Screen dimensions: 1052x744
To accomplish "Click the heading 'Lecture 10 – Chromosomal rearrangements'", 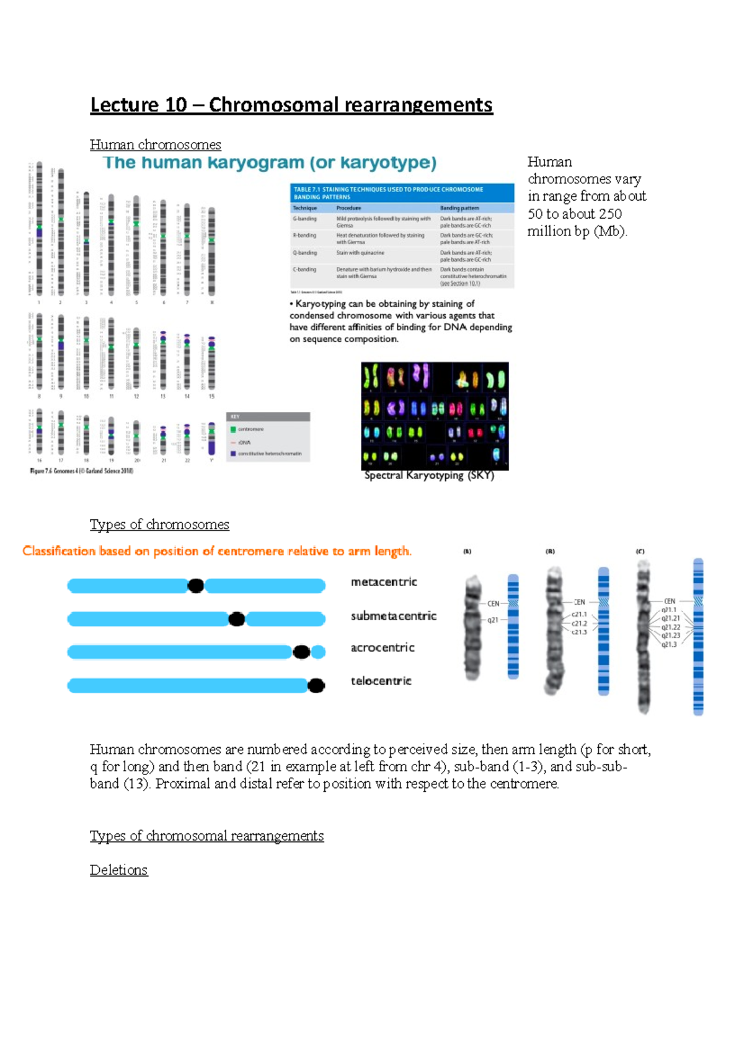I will point(291,105).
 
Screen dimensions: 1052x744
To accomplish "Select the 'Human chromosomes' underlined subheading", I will point(155,145).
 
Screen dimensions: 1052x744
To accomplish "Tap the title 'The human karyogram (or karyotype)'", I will point(270,163).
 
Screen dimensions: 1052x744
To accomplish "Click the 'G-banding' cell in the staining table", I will point(304,219).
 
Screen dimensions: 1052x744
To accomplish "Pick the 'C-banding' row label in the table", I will point(304,270).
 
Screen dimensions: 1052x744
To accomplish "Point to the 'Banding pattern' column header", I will point(459,208).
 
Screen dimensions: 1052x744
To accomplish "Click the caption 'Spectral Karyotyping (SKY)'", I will point(429,476).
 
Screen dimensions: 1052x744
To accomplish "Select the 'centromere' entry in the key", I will point(250,429).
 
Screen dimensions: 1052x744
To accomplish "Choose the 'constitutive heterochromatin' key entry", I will point(269,454).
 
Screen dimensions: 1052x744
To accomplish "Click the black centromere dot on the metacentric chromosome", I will point(196,585).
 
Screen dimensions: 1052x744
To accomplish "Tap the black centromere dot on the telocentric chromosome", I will point(316,685).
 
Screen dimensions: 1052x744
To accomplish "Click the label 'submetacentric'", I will point(394,616).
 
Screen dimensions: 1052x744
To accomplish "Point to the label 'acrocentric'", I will point(383,647).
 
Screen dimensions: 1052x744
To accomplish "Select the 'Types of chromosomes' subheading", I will point(159,525).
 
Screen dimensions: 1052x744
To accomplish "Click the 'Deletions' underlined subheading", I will point(118,870).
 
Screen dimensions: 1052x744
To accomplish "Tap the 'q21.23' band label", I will point(671,636).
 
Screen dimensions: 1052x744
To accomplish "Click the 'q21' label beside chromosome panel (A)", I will point(494,620).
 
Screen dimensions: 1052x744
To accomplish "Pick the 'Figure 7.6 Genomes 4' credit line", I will point(81,471).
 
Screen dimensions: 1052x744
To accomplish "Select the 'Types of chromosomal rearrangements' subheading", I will point(206,836).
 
